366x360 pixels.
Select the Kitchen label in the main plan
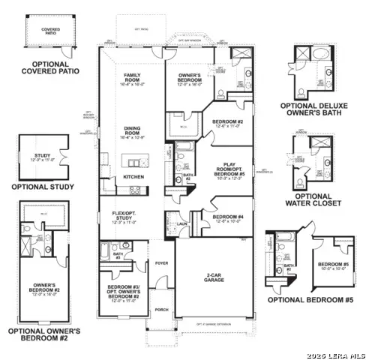point(133,177)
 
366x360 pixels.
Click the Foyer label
point(161,263)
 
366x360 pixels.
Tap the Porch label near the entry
point(161,309)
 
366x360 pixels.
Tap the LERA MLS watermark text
point(339,352)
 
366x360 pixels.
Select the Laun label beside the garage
point(182,223)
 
